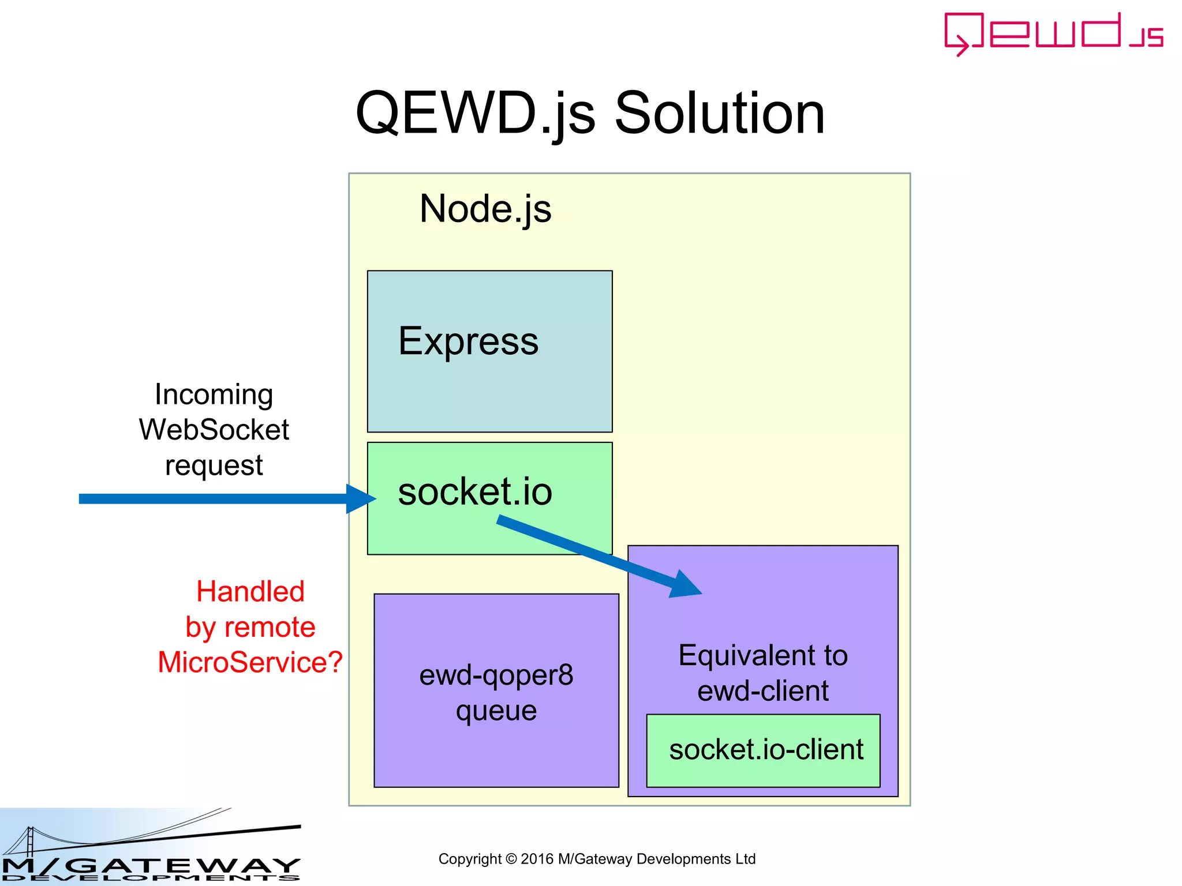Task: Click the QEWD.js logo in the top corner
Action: (x=1053, y=33)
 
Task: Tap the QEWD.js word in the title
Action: (x=474, y=114)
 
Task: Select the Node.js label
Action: (x=485, y=209)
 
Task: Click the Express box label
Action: (x=468, y=341)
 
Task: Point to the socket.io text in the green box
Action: (x=474, y=491)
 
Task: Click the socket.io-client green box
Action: (x=763, y=750)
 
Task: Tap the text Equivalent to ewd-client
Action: (x=762, y=673)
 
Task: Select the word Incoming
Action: (x=214, y=395)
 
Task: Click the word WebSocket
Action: (x=214, y=430)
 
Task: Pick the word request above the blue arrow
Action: (x=214, y=465)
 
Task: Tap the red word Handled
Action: (x=250, y=592)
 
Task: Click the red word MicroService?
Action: (x=250, y=662)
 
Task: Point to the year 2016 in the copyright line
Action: (x=537, y=859)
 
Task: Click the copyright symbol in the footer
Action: (x=511, y=859)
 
